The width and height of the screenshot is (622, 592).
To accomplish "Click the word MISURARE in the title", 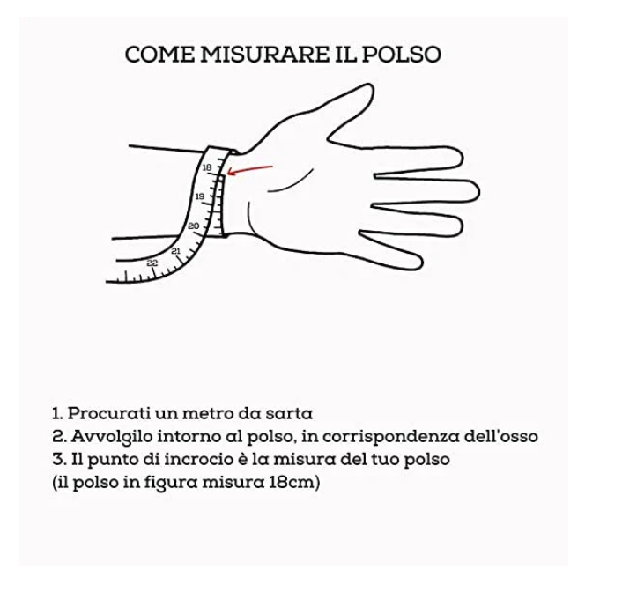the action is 264,55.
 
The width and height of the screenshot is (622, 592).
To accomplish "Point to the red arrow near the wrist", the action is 249,170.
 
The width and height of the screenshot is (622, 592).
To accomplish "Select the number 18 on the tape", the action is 207,167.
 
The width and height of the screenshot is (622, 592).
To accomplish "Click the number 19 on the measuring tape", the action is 199,196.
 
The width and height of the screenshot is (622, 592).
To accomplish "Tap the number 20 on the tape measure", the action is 193,226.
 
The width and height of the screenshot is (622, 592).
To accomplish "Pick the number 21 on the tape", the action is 175,251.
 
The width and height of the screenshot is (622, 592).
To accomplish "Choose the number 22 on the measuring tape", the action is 152,263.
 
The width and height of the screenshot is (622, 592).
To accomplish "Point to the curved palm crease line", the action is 291,183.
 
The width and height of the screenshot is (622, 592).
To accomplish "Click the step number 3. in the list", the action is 60,460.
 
